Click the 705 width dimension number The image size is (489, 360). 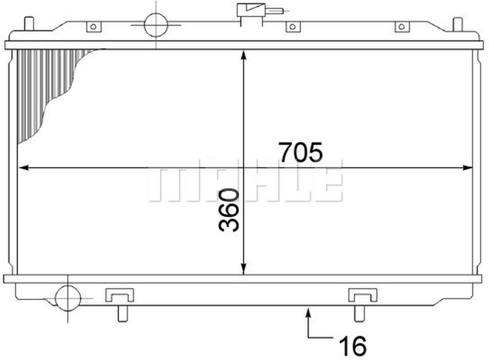[x=301, y=152]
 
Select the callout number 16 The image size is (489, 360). [x=352, y=345]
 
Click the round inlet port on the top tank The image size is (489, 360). [x=156, y=25]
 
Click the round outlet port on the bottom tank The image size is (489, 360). [x=68, y=298]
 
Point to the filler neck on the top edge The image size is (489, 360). [x=251, y=11]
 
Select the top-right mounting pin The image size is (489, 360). [x=458, y=24]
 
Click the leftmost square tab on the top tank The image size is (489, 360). [x=94, y=27]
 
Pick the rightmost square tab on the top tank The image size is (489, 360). [x=402, y=27]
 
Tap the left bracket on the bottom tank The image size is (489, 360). [x=120, y=295]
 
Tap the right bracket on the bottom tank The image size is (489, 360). [x=363, y=295]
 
